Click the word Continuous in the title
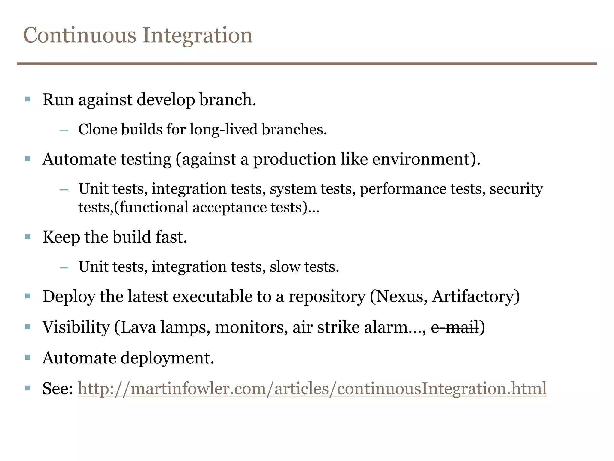point(80,35)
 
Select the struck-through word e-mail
point(455,327)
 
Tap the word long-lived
point(224,129)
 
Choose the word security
point(516,189)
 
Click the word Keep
point(61,237)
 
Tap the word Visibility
point(76,327)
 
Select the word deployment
point(167,358)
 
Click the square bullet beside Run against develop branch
point(28,99)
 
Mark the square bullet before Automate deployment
point(28,357)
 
